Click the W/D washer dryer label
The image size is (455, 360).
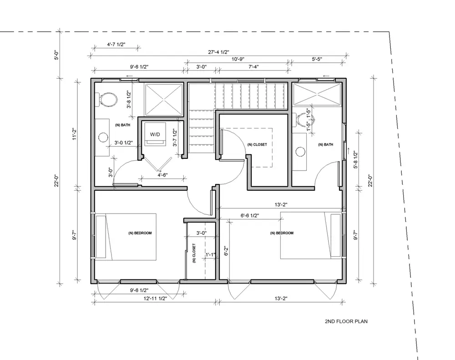[155, 134]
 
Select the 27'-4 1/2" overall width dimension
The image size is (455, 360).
[218, 52]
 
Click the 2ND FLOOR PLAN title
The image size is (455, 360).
[346, 321]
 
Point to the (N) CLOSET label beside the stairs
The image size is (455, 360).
[257, 144]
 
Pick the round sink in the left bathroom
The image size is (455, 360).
[103, 137]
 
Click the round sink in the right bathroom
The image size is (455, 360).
[300, 152]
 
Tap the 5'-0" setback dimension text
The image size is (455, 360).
[57, 55]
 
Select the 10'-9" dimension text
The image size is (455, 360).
[238, 59]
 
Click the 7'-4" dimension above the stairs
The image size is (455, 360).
[253, 67]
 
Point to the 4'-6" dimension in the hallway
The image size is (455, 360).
[163, 175]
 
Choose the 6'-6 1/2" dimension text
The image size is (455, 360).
[250, 215]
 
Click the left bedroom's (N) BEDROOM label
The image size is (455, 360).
[140, 233]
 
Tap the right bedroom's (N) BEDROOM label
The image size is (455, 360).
[282, 233]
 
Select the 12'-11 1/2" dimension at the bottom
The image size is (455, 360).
[155, 298]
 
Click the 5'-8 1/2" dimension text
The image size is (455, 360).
[356, 160]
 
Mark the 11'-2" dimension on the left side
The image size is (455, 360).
[74, 134]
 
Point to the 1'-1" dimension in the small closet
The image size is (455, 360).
[210, 255]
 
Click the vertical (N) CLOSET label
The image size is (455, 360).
[194, 253]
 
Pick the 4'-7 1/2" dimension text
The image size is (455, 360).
[116, 45]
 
